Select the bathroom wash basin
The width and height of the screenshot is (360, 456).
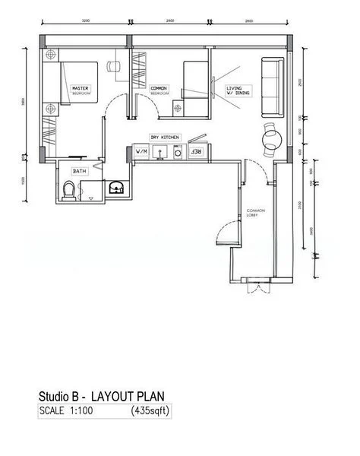click(x=116, y=188)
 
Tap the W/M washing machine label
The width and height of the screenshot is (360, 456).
click(x=141, y=152)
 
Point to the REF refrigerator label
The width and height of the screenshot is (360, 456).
click(x=196, y=152)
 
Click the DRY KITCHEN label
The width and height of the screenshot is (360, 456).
click(x=165, y=137)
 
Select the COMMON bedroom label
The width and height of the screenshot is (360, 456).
click(x=159, y=90)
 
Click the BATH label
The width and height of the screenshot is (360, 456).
click(x=80, y=172)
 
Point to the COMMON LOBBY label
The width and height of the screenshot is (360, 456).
click(x=254, y=214)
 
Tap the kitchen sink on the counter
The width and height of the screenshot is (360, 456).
click(x=160, y=152)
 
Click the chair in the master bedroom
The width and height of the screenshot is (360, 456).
click(x=115, y=66)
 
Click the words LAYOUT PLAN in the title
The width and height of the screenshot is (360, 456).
click(x=128, y=397)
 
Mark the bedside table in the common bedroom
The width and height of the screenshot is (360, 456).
click(x=178, y=109)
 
